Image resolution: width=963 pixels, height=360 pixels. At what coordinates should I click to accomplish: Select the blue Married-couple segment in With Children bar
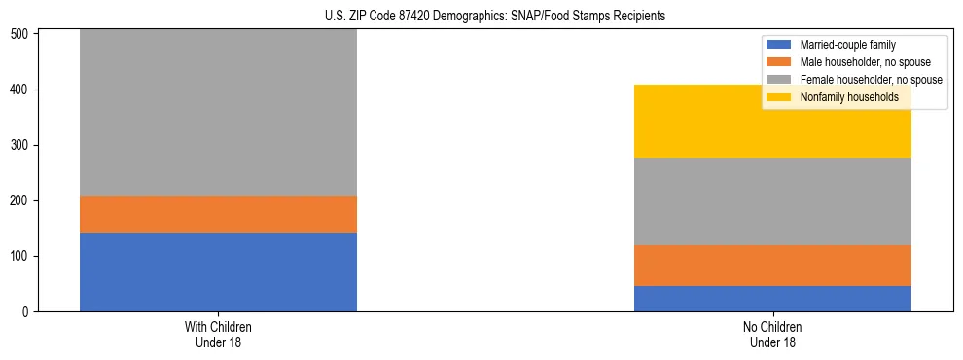click(218, 271)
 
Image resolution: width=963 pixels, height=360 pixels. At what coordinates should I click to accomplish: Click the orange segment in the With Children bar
click(218, 214)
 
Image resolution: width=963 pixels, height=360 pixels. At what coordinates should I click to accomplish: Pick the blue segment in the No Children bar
click(772, 299)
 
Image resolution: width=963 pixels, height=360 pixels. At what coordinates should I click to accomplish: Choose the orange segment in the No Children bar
click(772, 266)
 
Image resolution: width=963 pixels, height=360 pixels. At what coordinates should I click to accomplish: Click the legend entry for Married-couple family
click(846, 45)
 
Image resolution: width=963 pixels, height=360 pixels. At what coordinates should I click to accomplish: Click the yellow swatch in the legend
click(779, 97)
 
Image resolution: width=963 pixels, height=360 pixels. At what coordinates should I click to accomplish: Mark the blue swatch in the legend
click(779, 45)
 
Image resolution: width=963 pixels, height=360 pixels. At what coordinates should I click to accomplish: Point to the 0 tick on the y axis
click(27, 312)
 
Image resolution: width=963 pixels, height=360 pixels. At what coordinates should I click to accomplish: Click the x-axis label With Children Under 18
click(218, 334)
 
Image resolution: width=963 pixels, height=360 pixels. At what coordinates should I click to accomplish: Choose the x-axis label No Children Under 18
click(772, 334)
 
